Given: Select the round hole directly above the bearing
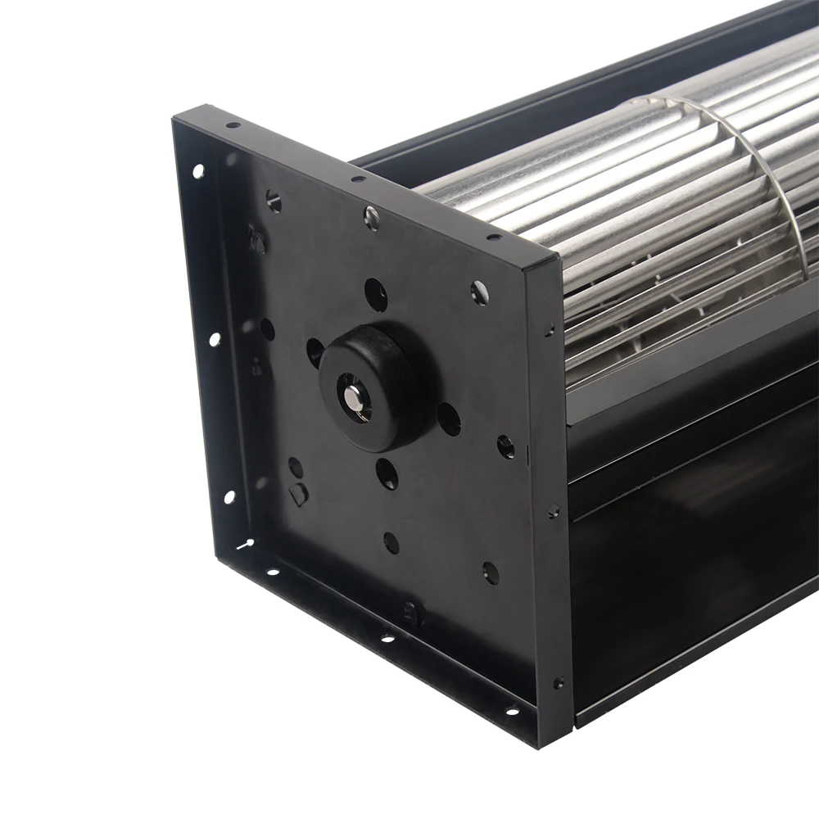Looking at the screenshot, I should (375, 294).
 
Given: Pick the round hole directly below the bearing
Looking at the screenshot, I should (387, 473).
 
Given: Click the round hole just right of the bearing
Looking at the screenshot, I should (449, 419).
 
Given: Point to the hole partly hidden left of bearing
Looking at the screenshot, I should (314, 351).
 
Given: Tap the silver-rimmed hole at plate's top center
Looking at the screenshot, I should (372, 217).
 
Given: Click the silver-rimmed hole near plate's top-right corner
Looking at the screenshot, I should (479, 291).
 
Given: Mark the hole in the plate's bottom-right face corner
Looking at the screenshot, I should (491, 572).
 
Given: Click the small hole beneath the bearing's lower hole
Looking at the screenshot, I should (391, 542).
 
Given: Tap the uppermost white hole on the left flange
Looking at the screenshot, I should (197, 171).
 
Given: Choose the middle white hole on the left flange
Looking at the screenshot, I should (214, 338).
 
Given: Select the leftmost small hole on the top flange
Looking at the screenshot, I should (233, 125).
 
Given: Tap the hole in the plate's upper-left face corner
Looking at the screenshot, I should (274, 200).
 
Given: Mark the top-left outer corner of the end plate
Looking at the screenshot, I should (174, 120).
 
